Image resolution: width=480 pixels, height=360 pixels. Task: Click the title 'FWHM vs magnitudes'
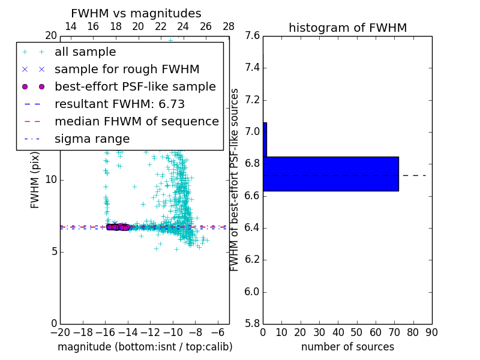point(136,13)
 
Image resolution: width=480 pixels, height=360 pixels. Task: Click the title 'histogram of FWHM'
point(347,28)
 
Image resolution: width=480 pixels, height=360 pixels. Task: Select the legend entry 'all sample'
point(85,52)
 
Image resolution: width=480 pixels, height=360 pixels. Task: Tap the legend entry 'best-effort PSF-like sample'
point(135,86)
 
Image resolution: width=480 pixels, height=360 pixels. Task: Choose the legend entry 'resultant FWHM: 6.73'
point(119,104)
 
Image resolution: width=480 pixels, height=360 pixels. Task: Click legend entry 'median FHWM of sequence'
point(136,121)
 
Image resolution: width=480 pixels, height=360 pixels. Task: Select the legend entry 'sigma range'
point(92,139)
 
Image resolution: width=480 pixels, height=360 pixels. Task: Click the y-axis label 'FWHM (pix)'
point(35,181)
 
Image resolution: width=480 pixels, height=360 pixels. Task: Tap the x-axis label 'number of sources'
point(347,347)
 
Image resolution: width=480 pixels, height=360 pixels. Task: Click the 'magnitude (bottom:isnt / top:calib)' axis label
point(145,347)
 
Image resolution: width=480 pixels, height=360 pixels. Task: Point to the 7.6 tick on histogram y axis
point(252,35)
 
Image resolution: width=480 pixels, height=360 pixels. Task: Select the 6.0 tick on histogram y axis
point(252,292)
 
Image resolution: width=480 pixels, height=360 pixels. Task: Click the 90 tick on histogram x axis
point(431,332)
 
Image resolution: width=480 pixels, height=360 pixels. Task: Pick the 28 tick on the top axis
point(229,26)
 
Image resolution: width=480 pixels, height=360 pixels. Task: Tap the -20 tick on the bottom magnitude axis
point(60,332)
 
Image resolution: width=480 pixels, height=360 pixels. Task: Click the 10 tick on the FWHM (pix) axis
point(50,179)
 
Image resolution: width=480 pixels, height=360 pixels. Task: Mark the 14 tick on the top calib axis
point(70,26)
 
